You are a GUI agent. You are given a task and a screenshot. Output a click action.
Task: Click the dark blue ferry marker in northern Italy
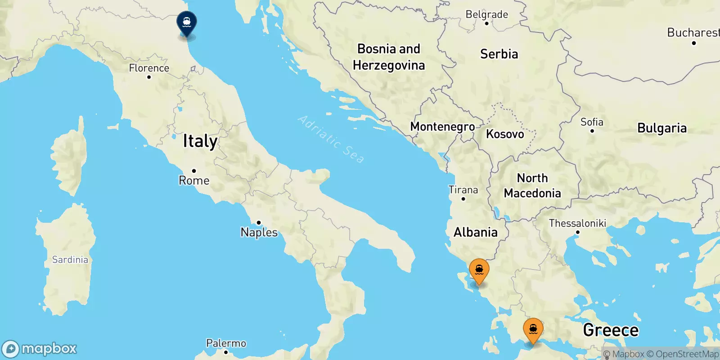[x=187, y=22]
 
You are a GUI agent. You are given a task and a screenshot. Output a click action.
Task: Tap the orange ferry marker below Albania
[x=479, y=270]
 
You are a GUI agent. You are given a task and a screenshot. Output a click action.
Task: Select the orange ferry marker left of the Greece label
[x=533, y=330]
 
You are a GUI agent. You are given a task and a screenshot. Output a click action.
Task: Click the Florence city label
[x=149, y=68]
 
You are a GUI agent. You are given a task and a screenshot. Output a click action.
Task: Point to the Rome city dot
[x=194, y=171]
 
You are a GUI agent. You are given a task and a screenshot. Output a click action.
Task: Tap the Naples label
[x=259, y=232]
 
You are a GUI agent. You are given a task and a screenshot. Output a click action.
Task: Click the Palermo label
[x=226, y=343]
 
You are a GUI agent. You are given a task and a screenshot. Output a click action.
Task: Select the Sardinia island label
[x=70, y=260]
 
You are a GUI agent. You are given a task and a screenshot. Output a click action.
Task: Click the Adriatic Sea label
[x=331, y=139]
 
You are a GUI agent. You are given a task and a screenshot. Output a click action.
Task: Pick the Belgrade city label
[x=486, y=14]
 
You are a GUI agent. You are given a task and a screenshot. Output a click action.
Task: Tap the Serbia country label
[x=499, y=54]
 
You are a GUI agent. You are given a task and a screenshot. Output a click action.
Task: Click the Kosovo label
[x=505, y=134]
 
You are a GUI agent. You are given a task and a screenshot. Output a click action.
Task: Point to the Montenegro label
[x=442, y=127]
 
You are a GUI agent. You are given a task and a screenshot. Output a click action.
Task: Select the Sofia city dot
[x=592, y=131]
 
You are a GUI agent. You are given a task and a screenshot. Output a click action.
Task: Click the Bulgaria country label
[x=662, y=128]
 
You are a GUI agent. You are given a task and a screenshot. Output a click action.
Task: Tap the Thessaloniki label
[x=577, y=223]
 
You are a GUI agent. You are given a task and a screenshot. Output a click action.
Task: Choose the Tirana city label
[x=463, y=190]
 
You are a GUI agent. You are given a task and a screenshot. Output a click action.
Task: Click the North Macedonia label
[x=532, y=185]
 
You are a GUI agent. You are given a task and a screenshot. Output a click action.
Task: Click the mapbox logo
[x=40, y=349]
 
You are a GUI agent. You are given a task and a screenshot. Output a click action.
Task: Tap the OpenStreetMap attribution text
[x=687, y=354]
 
